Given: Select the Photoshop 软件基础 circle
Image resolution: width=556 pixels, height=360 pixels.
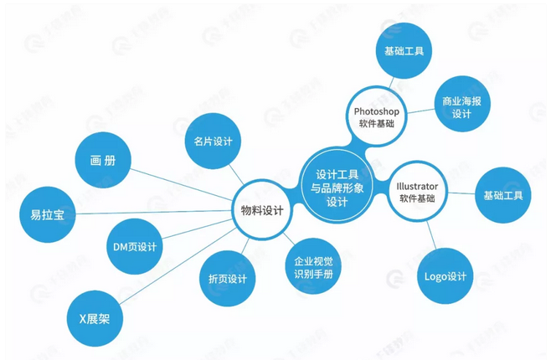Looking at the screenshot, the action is [373, 116].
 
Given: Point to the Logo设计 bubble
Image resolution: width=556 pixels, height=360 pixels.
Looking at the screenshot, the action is [444, 277].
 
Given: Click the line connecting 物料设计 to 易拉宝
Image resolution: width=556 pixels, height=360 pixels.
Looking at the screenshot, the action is [151, 213].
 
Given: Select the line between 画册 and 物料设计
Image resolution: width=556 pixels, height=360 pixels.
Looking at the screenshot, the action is [180, 184].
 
